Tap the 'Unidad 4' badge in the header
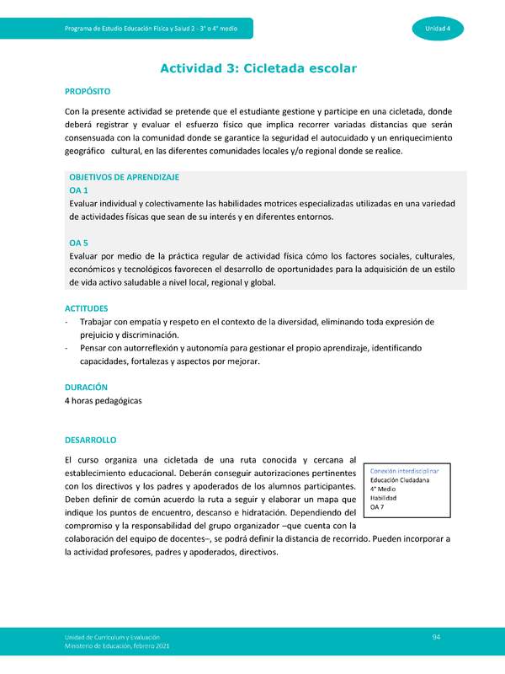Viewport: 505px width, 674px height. tap(437, 29)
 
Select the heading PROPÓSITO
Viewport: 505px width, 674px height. tap(88, 91)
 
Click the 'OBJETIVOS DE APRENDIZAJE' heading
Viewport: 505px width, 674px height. tap(124, 178)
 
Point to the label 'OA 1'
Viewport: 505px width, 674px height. tap(78, 190)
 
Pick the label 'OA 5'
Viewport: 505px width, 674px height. tap(78, 243)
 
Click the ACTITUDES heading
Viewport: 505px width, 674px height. tap(87, 309)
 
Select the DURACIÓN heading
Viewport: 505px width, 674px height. tap(86, 387)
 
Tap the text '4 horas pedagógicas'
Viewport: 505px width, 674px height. tap(103, 400)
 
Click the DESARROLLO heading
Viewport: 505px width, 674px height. tap(91, 440)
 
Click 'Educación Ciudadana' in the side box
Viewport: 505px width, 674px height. tap(400, 479)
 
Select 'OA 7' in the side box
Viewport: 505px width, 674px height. tap(377, 507)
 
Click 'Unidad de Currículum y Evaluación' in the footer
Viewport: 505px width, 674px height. tap(112, 637)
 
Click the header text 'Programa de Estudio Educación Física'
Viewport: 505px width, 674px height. tap(126, 29)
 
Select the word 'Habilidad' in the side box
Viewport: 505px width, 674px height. tap(383, 498)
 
